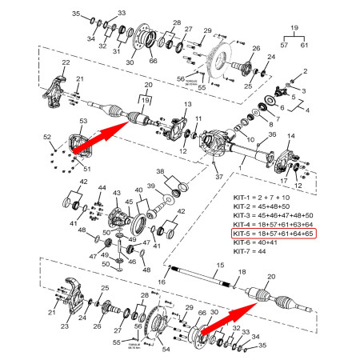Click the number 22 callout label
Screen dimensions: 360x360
point(65,62)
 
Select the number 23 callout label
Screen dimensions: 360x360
point(65,326)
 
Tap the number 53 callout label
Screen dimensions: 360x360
point(82,121)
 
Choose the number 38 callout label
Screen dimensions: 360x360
point(160,173)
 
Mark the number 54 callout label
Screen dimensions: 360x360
point(167,349)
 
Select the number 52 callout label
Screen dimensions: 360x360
point(47,136)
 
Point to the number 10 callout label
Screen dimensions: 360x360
point(250,139)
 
